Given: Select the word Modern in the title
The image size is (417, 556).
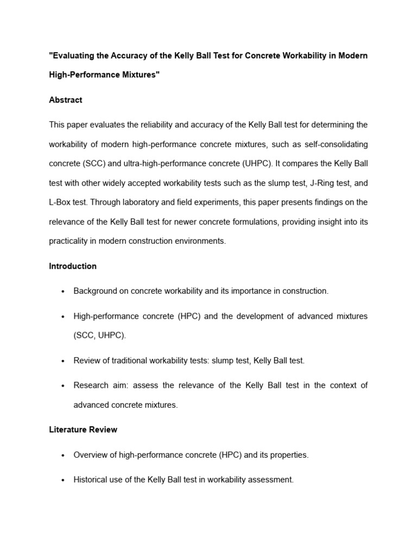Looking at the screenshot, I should [353, 56].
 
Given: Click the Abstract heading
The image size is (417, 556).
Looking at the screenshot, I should [66, 100].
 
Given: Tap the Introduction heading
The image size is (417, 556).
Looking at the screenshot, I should [73, 266].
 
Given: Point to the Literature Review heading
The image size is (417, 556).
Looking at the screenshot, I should [83, 429].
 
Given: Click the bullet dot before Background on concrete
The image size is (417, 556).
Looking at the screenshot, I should [63, 292].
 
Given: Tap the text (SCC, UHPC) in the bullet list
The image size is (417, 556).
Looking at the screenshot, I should [99, 336].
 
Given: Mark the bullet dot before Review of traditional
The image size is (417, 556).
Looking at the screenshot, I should [63, 361].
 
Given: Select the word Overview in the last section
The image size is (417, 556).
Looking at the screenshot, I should [90, 455].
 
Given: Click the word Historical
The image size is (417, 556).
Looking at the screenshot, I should [90, 480].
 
